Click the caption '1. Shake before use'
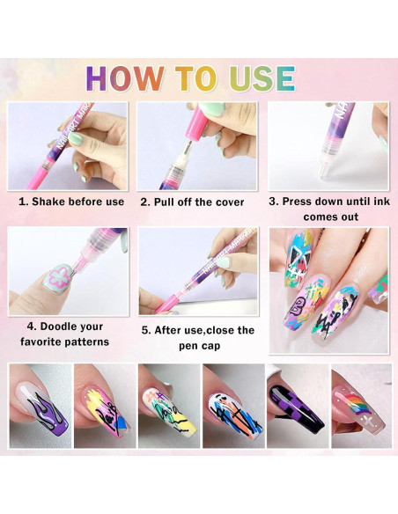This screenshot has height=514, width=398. (71, 202)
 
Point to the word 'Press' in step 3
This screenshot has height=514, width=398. (303, 202)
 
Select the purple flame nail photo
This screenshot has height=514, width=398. (40, 406)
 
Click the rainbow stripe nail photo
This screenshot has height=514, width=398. (361, 406)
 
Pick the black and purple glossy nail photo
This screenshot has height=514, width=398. (298, 406)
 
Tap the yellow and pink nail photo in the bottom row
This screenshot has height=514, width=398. (104, 406)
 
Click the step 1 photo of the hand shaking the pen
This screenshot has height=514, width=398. (68, 145)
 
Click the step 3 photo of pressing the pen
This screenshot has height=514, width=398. (328, 145)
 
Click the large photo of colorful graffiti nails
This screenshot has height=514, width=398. (328, 290)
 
